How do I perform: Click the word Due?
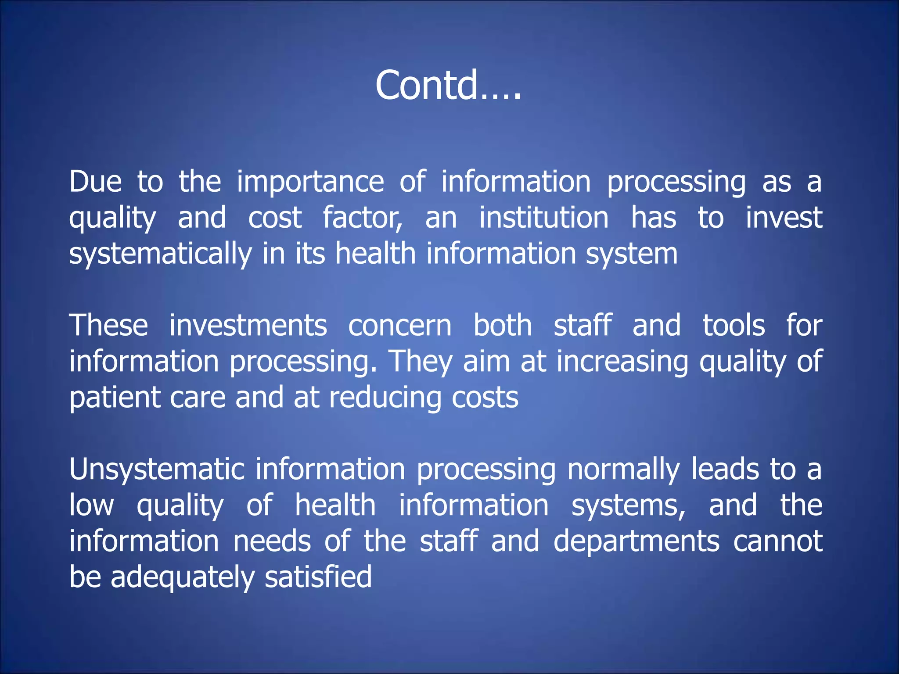(x=95, y=182)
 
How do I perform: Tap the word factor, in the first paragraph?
(x=362, y=218)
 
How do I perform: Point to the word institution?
(x=543, y=218)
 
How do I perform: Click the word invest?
(x=784, y=218)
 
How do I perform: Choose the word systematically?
(x=160, y=255)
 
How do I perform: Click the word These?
(x=108, y=326)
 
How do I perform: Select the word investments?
(x=248, y=326)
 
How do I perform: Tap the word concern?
(x=399, y=326)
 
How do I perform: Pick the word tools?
(x=734, y=326)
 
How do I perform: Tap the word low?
(x=91, y=505)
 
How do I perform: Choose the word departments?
(x=636, y=541)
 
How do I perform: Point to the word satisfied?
(x=318, y=577)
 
